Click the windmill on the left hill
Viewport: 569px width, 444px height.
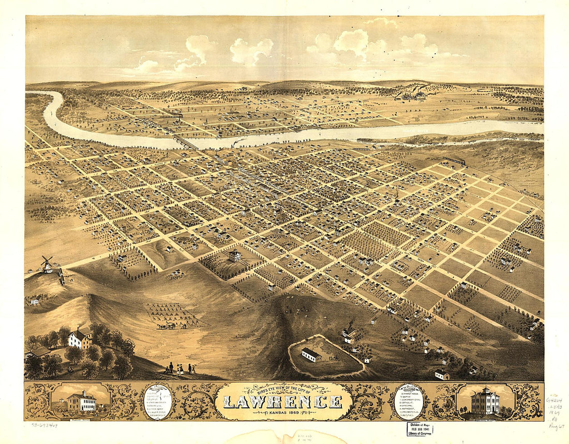47,264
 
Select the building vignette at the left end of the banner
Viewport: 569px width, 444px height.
81,401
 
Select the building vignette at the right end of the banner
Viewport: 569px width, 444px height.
485,401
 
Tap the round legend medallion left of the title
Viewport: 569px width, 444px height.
158,401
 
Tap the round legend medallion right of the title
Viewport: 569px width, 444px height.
409,401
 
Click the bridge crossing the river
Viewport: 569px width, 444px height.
185,141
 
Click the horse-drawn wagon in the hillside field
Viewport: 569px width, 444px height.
167,325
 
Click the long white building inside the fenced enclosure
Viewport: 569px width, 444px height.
311,354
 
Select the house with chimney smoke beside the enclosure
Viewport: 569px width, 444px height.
349,332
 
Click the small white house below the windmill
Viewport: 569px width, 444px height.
35,301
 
